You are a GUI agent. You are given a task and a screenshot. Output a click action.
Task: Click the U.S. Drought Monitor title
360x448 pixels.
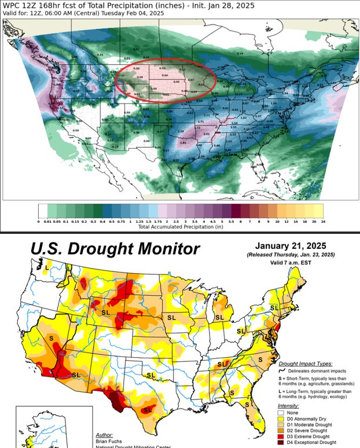click(107, 249)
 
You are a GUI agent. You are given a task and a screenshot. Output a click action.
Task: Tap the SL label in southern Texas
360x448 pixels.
click(146, 409)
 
